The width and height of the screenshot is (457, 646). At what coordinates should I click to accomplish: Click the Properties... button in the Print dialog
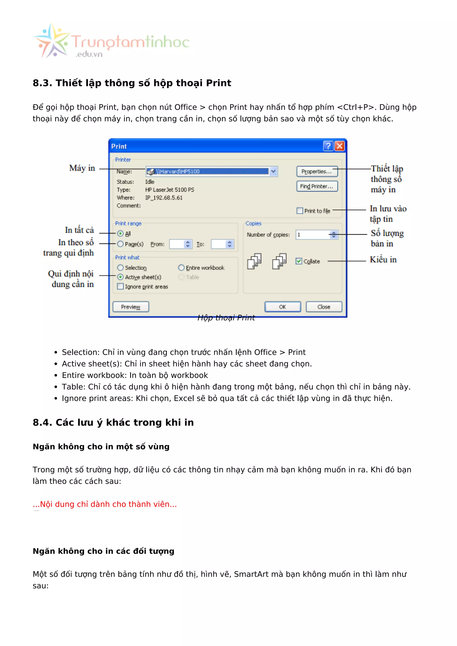coord(317,171)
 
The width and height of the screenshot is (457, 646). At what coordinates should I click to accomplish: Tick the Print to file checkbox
coord(300,211)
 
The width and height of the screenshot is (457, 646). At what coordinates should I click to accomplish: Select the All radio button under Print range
coord(120,234)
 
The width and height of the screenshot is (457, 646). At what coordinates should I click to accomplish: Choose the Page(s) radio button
coord(120,244)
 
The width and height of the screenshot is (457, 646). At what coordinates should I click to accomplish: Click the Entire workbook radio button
coord(181,268)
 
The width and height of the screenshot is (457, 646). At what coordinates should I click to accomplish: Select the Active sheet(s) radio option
coord(120,277)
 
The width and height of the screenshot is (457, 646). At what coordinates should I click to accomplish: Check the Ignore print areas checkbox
coord(120,286)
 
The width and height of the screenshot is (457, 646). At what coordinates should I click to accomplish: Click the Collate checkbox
coord(299,261)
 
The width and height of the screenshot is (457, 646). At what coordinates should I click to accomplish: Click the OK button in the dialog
coord(283,307)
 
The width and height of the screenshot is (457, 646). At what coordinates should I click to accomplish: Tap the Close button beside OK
coord(324,307)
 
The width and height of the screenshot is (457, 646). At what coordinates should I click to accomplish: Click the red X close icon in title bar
coord(340,146)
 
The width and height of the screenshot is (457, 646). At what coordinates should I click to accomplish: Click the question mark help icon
coord(328,146)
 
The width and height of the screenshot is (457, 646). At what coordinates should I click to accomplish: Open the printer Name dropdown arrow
coord(273,171)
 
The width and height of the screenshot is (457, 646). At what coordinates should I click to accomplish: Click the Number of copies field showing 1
coord(312,235)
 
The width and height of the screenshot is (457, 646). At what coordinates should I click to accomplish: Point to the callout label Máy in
coord(82,168)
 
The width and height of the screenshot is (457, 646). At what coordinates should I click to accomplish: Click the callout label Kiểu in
coord(383,260)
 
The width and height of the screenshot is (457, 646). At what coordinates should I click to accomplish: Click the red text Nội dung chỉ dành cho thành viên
coord(105,504)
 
